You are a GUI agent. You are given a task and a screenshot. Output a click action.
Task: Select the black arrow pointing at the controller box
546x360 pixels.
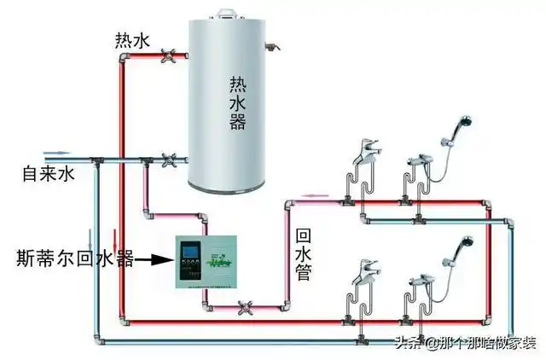point(154,255)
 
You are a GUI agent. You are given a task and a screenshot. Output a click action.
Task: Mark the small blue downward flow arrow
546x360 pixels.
point(88,235)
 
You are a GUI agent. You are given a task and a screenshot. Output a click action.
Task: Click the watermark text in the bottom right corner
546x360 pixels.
point(465,343)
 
